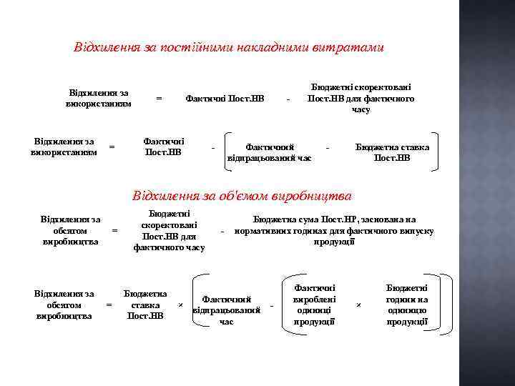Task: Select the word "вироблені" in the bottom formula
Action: (x=314, y=300)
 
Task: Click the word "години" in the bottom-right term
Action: (x=407, y=300)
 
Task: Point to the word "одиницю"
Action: (x=407, y=311)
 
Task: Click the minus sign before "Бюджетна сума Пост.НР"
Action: (x=223, y=232)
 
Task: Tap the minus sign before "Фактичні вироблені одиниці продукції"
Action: (x=273, y=306)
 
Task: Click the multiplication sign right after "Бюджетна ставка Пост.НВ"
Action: (x=180, y=305)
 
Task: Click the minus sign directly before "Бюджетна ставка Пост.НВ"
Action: (x=328, y=147)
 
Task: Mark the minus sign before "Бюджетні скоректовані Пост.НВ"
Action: (x=288, y=99)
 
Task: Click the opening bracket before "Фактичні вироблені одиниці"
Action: (x=286, y=304)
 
